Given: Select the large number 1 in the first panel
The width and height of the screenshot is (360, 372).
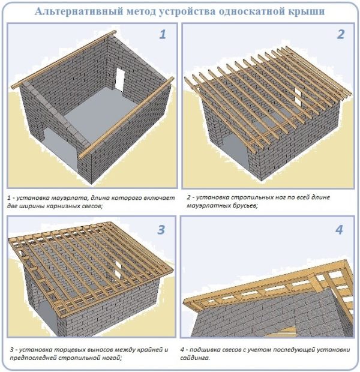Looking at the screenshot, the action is tap(163, 34).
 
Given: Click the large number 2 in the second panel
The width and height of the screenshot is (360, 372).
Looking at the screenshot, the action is tap(341, 34).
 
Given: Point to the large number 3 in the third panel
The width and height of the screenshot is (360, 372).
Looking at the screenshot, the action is tap(161, 230).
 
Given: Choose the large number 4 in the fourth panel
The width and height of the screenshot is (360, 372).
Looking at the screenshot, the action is tap(340, 230).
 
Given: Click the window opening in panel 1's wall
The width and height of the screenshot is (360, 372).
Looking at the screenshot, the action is tap(119, 77).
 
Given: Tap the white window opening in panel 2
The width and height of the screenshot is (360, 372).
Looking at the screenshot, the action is tap(298, 95).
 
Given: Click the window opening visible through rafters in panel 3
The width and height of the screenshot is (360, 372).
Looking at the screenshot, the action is tap(118, 269).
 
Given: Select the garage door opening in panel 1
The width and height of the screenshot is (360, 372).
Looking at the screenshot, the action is tap(61, 148).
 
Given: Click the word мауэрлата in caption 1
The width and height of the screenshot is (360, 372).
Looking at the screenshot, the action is tap(71, 198).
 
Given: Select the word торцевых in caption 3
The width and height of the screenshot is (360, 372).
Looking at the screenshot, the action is tap(68, 350).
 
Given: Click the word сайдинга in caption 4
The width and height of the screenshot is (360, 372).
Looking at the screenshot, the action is tap(195, 358).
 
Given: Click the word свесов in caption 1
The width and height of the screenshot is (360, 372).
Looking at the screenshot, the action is tap(91, 206).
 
